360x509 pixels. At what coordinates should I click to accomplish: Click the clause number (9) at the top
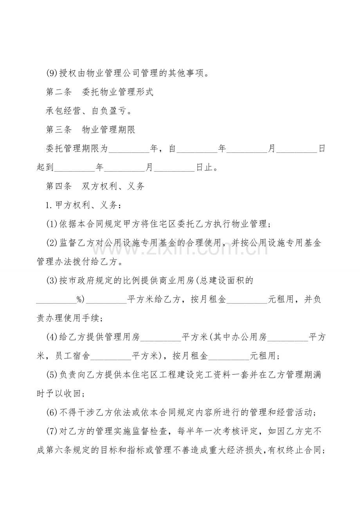(x=52, y=73)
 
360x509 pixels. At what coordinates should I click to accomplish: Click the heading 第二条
(x=59, y=92)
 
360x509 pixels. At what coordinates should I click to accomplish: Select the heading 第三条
(x=59, y=130)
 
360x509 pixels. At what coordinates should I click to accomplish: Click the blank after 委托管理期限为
(x=129, y=149)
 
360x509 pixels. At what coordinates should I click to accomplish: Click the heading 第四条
(x=59, y=186)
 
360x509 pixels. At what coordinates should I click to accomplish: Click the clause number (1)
(x=52, y=224)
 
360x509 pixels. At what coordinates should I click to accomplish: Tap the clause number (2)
(x=52, y=243)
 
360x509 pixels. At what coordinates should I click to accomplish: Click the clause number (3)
(x=52, y=280)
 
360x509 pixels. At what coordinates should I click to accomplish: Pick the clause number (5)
(x=52, y=375)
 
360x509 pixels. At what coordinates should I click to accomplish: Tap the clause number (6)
(x=52, y=412)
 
